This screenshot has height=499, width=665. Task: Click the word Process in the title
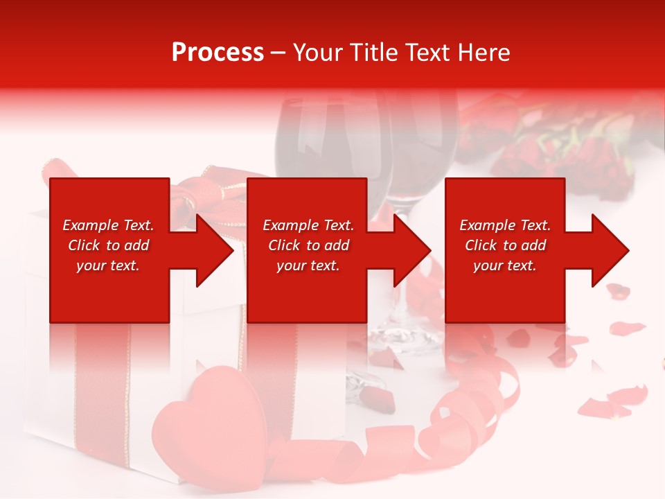pyautogui.click(x=218, y=53)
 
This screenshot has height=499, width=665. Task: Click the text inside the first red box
pyautogui.click(x=109, y=245)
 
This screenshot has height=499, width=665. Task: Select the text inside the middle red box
pyautogui.click(x=308, y=245)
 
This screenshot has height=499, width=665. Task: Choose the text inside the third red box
pyautogui.click(x=505, y=245)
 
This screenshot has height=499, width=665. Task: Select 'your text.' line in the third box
pyautogui.click(x=505, y=265)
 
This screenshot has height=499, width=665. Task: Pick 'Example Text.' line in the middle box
pyautogui.click(x=308, y=225)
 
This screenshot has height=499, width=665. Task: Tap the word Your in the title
pyautogui.click(x=317, y=53)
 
